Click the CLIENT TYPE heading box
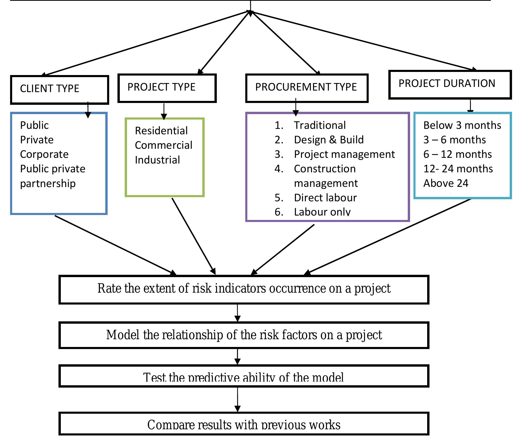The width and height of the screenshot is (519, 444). (x=60, y=90)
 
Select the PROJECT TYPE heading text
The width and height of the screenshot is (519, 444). (x=161, y=87)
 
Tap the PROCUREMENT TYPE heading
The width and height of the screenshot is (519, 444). (x=306, y=87)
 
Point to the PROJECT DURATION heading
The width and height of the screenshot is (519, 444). (x=447, y=84)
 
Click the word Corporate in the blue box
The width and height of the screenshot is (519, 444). (x=44, y=154)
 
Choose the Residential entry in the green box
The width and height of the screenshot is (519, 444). (x=161, y=131)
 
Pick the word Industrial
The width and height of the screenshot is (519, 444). (x=157, y=160)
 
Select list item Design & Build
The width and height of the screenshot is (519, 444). (x=329, y=140)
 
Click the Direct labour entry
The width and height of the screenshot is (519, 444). (x=325, y=198)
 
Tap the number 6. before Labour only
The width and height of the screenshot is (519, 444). (x=279, y=212)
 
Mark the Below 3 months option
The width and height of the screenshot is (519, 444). (x=462, y=125)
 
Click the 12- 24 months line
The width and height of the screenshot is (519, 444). (x=458, y=169)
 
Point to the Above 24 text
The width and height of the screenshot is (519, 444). (x=446, y=183)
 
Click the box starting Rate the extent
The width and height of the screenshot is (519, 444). (x=244, y=289)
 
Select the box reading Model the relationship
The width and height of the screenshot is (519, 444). (x=244, y=335)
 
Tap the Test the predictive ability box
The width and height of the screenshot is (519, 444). (x=244, y=376)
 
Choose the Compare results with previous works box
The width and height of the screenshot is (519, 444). (x=244, y=424)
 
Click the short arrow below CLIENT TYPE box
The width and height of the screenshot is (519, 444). (x=88, y=110)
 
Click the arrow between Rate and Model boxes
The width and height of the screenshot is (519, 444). (x=238, y=313)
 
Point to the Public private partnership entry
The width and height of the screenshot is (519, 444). (x=53, y=176)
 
